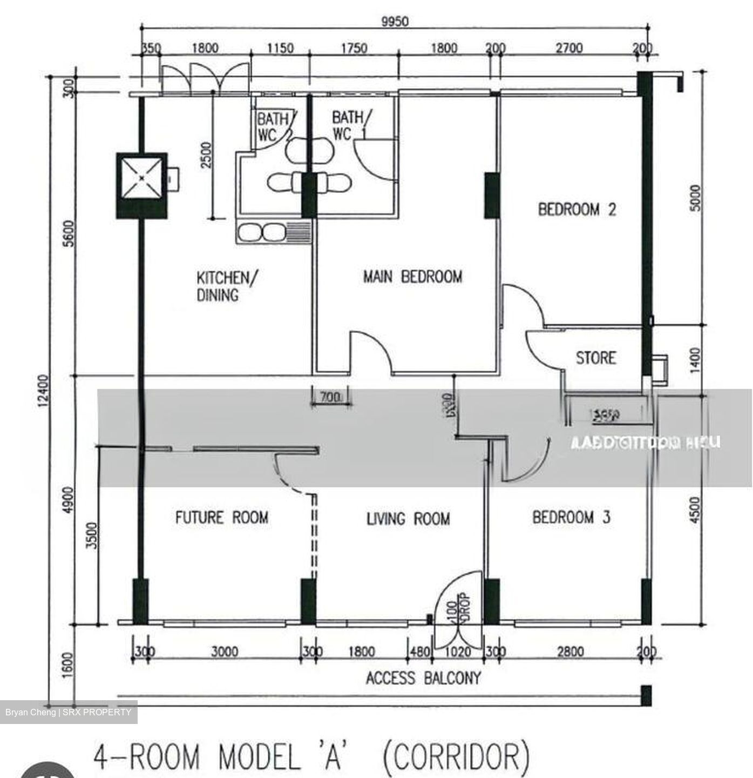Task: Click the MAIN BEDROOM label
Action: pos(412,277)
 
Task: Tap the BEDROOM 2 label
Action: pos(576,210)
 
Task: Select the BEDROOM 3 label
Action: pos(571,518)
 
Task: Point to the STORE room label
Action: pos(595,358)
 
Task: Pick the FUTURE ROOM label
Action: pos(222,518)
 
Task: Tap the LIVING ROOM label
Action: pos(408,519)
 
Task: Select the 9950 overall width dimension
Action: pos(395,22)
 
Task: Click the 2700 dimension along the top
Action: pos(569,49)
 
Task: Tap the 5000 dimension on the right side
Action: pos(695,198)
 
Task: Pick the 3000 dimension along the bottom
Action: pos(225,652)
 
